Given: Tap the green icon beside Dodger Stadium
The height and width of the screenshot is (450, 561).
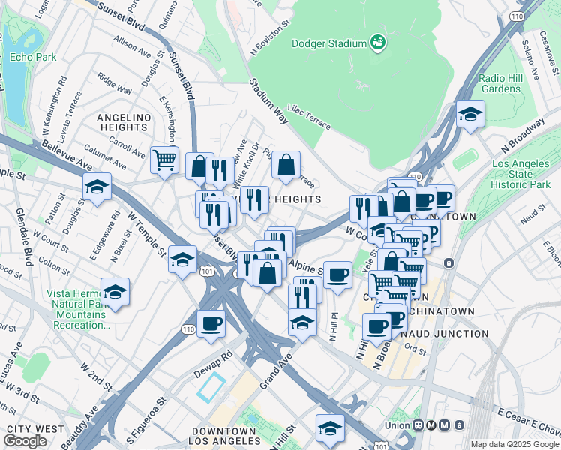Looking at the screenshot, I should [x=379, y=44].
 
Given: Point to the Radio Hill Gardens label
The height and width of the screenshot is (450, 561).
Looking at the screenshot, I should [x=500, y=83].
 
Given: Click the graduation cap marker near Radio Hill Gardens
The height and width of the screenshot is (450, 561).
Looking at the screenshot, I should [x=470, y=115].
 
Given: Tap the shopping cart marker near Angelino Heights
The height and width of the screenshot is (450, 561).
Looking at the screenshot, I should [x=164, y=159].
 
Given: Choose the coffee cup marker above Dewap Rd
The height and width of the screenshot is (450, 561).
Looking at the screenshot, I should [x=211, y=323].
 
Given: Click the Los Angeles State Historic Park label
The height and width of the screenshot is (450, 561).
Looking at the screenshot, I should [x=526, y=174].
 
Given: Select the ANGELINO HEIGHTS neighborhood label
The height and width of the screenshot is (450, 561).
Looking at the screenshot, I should [x=124, y=123].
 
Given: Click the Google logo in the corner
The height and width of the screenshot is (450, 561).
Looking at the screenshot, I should [x=25, y=441].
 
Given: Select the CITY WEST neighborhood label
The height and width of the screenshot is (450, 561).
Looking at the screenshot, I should [x=35, y=428].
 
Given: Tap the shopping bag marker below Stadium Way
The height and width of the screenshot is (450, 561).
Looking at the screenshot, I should [x=286, y=166].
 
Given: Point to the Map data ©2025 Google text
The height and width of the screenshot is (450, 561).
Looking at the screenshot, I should [x=514, y=444].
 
